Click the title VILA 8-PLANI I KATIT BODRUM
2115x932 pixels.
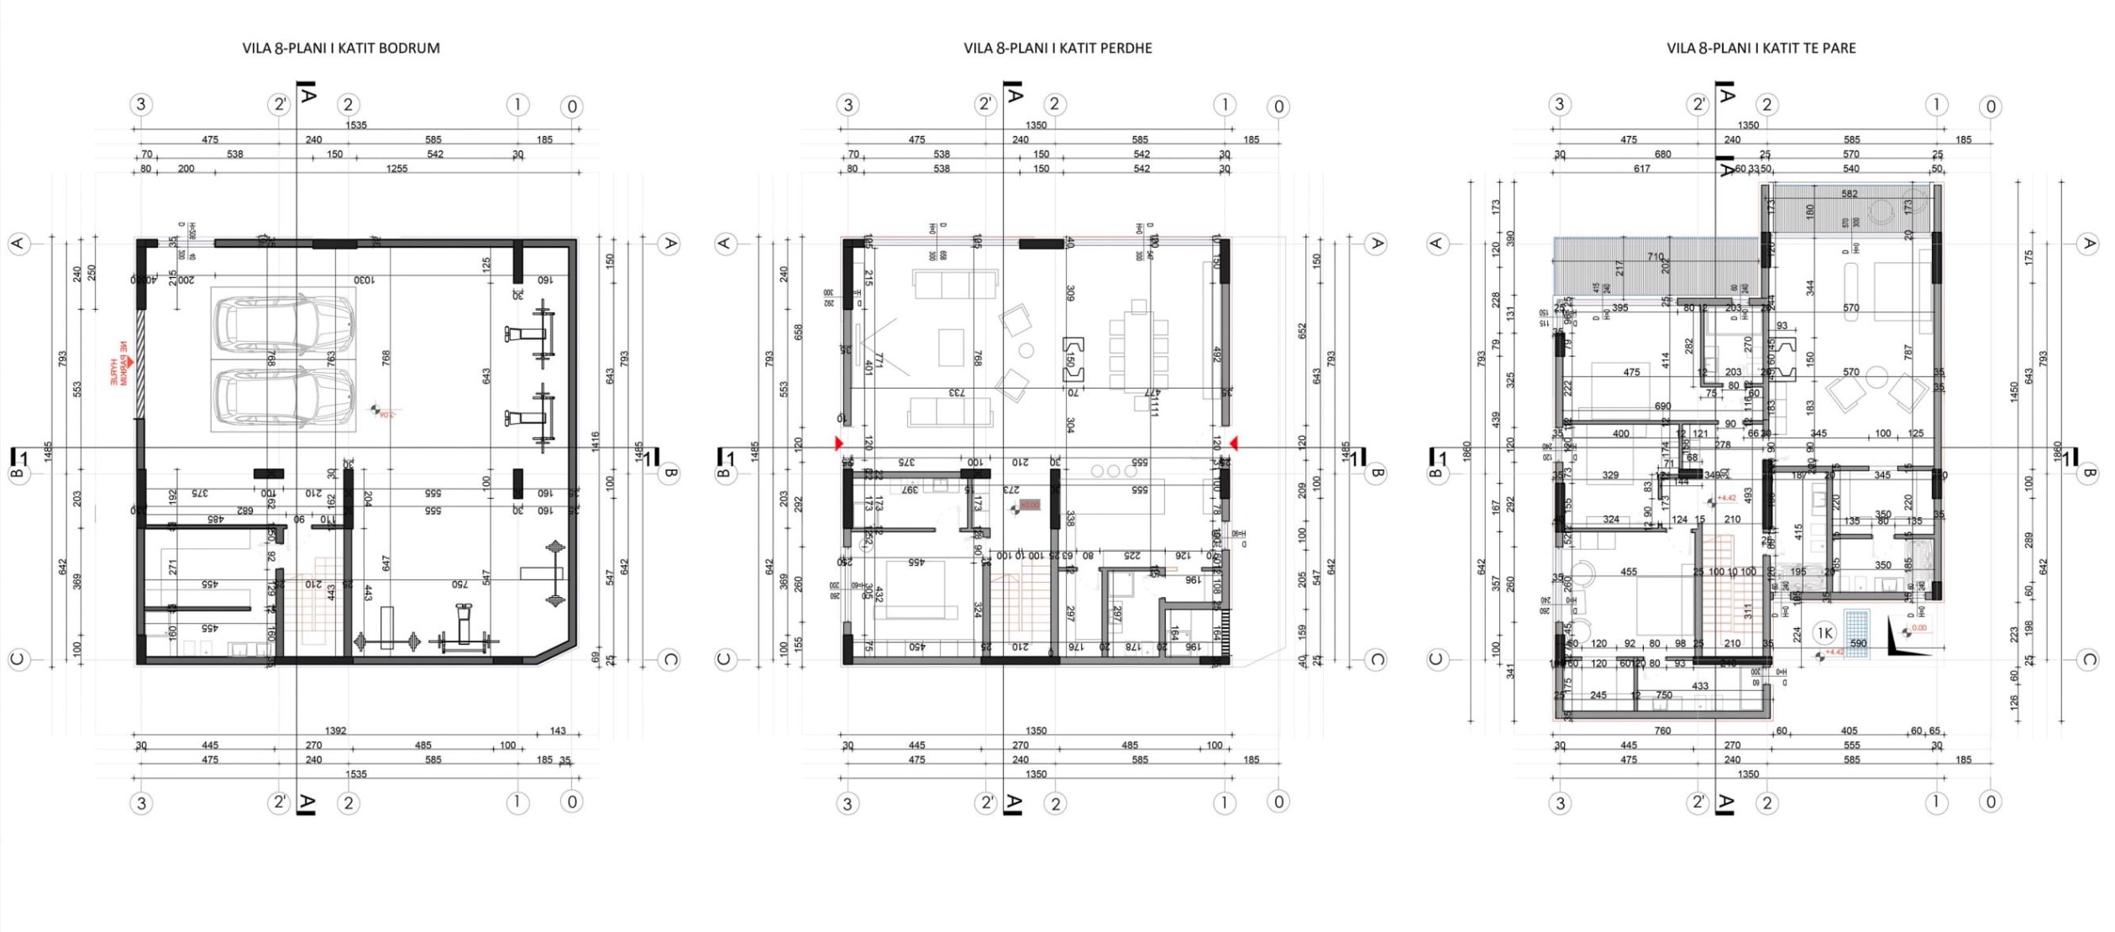point(341,49)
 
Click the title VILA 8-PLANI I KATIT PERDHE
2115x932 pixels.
point(1057,49)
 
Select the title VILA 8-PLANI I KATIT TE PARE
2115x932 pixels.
point(1761,49)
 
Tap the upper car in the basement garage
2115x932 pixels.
point(284,324)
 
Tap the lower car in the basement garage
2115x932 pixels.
point(284,395)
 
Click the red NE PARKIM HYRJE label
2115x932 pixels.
point(120,364)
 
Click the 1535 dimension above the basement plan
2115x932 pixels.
point(356,125)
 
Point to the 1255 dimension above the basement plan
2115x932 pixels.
point(396,169)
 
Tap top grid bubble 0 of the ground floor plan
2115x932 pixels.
point(1278,107)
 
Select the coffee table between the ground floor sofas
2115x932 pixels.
point(951,347)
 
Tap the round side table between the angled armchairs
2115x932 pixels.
point(1026,350)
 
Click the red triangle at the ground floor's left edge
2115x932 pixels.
point(838,443)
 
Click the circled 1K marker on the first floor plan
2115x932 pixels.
point(1824,633)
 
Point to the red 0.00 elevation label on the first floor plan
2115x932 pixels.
point(1919,628)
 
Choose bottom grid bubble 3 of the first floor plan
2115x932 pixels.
point(1560,804)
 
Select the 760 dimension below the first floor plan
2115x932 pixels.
point(1662,731)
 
